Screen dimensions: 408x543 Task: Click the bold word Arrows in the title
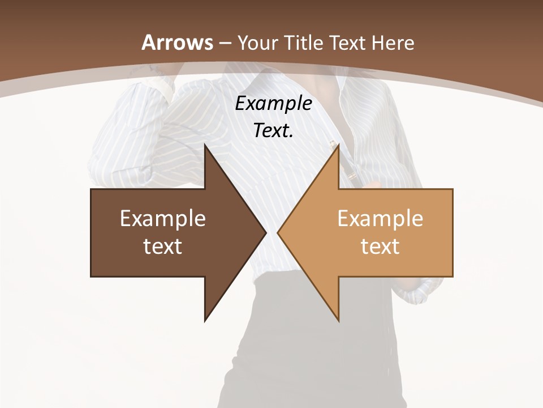178,42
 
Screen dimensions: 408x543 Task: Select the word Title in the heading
304,43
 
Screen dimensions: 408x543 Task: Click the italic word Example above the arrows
273,104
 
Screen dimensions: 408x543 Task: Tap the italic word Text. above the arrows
273,131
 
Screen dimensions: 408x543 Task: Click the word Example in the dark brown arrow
163,219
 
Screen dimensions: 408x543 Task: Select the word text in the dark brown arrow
163,246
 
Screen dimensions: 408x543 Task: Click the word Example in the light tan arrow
380,219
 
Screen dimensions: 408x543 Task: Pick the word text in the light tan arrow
380,246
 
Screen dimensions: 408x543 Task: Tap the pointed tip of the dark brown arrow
265,233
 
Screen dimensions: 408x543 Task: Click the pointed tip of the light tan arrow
279,233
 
